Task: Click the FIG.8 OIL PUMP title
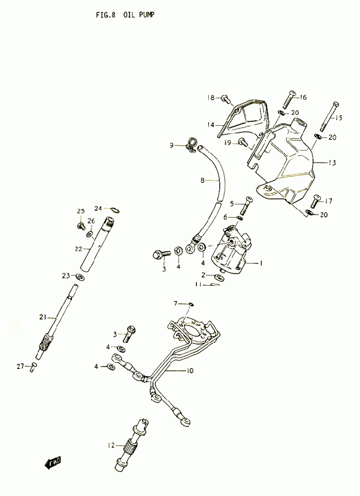[125, 15]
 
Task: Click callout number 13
[332, 162]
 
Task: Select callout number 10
[190, 370]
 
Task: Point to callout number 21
[43, 317]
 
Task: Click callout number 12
[111, 445]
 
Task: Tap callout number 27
[20, 366]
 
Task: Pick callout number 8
[203, 180]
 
